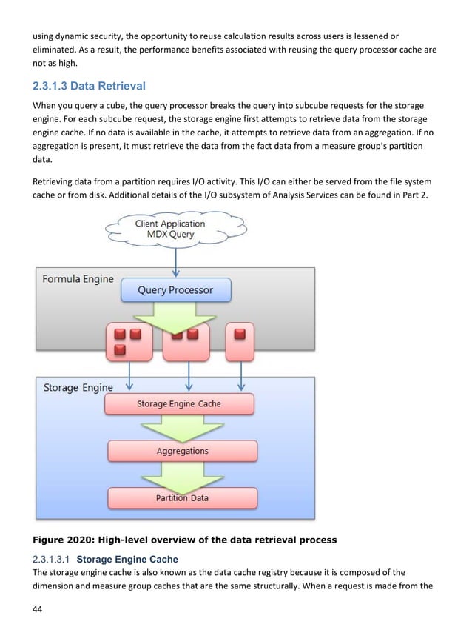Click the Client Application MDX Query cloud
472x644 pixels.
pos(169,229)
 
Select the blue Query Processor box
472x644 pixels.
pos(175,290)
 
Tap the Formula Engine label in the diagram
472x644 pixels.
pos(78,279)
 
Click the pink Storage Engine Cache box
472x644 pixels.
pos(179,404)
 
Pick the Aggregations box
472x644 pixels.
pos(182,451)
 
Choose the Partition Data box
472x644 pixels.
pos(182,498)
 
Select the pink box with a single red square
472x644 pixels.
pos(240,341)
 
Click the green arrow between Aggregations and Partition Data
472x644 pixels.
pos(182,474)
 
